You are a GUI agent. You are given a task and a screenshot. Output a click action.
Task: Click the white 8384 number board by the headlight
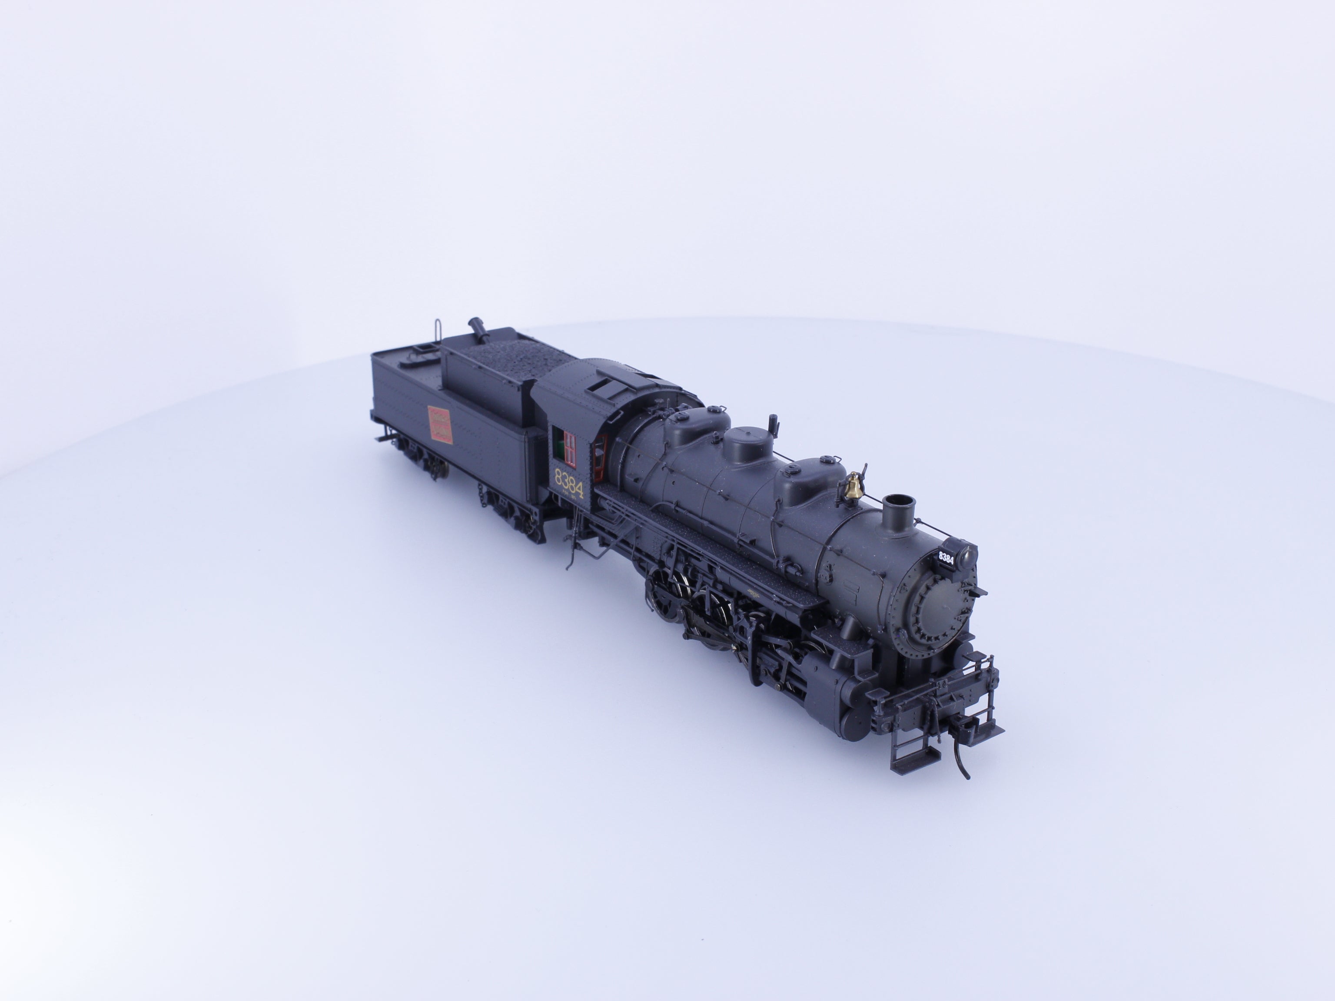[946, 558]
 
